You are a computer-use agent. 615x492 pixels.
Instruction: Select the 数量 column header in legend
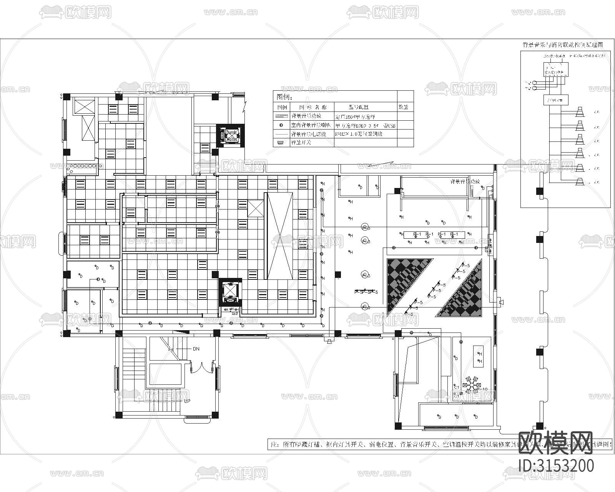pos(403,107)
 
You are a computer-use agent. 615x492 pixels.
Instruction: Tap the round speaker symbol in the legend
pos(282,125)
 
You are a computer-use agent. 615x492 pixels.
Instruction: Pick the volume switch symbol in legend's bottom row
pos(281,143)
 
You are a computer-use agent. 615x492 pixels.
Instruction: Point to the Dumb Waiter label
pos(231,136)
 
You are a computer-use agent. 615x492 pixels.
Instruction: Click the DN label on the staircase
pos(196,349)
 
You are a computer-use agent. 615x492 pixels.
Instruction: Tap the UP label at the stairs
pos(187,401)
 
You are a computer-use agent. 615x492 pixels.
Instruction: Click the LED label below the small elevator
pos(234,314)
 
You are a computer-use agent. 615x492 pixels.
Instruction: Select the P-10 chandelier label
pos(482,389)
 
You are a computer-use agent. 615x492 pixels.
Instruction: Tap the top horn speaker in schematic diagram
pos(580,112)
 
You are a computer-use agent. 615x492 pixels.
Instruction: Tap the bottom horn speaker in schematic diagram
pos(580,182)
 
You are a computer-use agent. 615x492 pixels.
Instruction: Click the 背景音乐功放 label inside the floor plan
pos(465,181)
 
